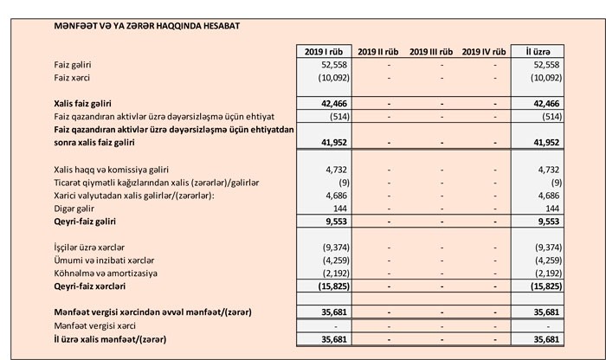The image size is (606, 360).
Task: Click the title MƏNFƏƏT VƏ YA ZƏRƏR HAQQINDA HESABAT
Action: pos(146,26)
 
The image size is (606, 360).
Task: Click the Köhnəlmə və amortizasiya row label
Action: pos(106,273)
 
